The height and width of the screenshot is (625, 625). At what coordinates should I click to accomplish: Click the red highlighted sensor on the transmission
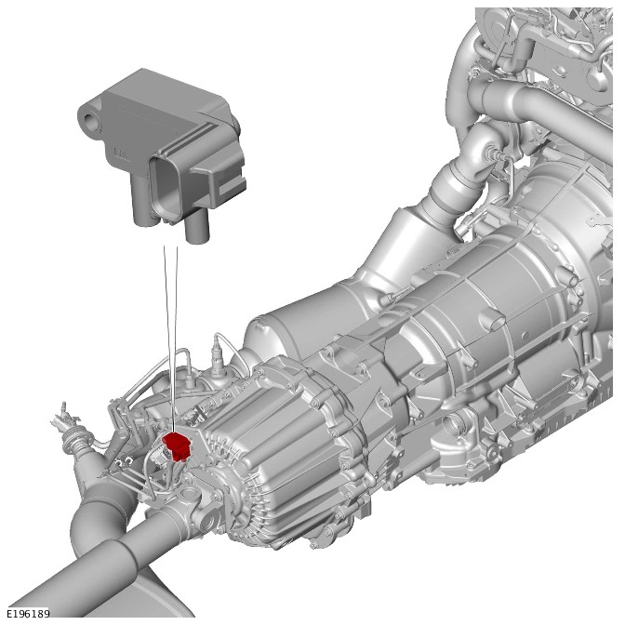(178, 446)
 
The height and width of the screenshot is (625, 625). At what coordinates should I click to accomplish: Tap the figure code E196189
(28, 613)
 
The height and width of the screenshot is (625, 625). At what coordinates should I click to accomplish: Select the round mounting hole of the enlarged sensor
(91, 119)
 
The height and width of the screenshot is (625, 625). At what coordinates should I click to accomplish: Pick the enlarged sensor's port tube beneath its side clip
(197, 227)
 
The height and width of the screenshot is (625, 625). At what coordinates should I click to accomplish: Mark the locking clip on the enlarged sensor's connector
(224, 180)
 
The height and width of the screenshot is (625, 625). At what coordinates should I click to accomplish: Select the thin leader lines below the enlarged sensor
(171, 339)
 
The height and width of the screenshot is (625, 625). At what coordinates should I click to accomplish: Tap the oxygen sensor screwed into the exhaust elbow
(494, 153)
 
